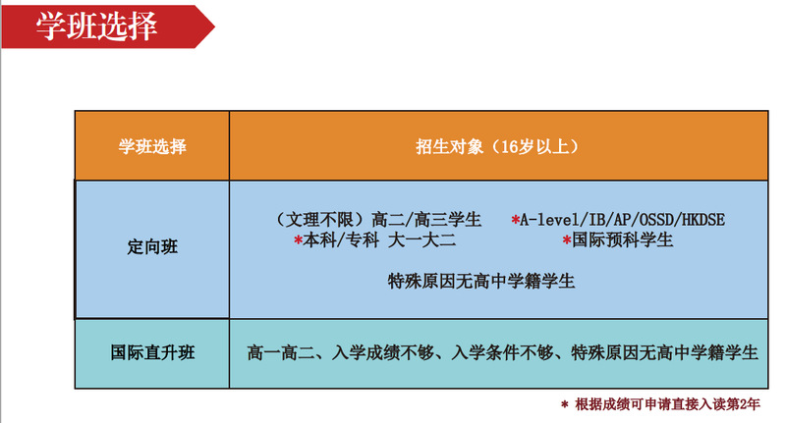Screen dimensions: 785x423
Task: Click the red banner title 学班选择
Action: click(x=96, y=26)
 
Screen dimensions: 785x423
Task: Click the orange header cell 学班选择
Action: click(x=152, y=146)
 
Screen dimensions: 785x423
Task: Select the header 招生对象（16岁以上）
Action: click(x=498, y=146)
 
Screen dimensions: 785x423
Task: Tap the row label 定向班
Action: click(x=152, y=247)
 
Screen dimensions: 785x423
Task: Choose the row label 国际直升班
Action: click(x=152, y=352)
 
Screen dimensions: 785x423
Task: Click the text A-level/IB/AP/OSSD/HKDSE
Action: click(x=622, y=220)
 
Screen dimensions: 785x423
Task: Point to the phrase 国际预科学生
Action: click(x=622, y=240)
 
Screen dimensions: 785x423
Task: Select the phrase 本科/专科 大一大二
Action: click(x=379, y=240)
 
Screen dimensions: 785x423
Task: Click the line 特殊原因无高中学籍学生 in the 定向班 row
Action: click(x=481, y=281)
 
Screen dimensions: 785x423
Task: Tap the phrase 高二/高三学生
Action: click(x=426, y=220)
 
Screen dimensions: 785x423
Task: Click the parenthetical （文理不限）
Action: click(x=321, y=220)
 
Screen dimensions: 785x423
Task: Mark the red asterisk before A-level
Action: click(x=515, y=219)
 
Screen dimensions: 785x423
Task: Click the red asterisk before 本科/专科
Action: click(x=298, y=240)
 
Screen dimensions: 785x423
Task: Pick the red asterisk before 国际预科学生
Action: click(x=567, y=240)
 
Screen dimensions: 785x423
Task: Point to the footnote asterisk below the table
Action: click(x=565, y=404)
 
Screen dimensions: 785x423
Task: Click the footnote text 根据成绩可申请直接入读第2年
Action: click(x=667, y=404)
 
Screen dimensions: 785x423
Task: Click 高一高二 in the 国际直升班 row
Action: click(x=281, y=353)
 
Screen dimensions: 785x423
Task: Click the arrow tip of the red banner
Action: click(x=214, y=26)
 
